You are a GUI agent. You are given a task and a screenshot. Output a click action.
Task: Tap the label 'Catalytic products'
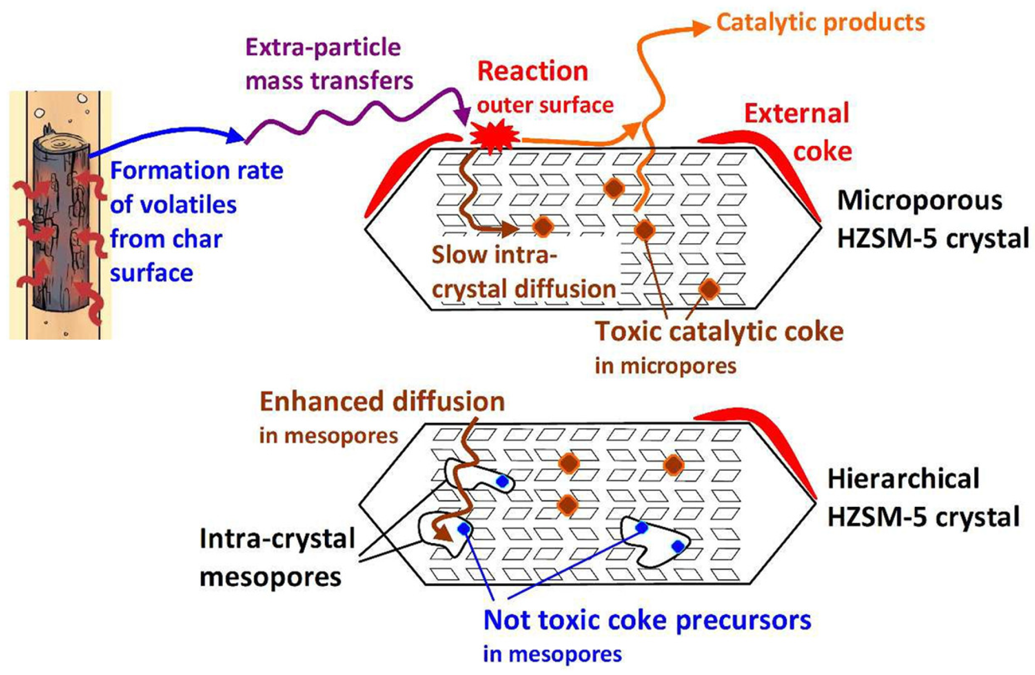point(820,23)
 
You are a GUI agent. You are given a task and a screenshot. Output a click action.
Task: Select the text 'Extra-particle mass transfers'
point(328,64)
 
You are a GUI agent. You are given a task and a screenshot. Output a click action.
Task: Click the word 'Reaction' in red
point(532,71)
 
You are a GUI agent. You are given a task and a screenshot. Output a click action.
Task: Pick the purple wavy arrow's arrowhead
point(463,116)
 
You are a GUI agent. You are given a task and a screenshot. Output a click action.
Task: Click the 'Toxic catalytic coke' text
point(719,331)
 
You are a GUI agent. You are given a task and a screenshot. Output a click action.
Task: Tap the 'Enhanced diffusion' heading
point(382,402)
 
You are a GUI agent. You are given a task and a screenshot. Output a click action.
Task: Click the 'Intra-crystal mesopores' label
point(277,557)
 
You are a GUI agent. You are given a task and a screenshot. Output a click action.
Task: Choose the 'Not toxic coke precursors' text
point(647,620)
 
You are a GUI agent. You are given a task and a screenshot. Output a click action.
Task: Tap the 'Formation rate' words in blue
point(196,171)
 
